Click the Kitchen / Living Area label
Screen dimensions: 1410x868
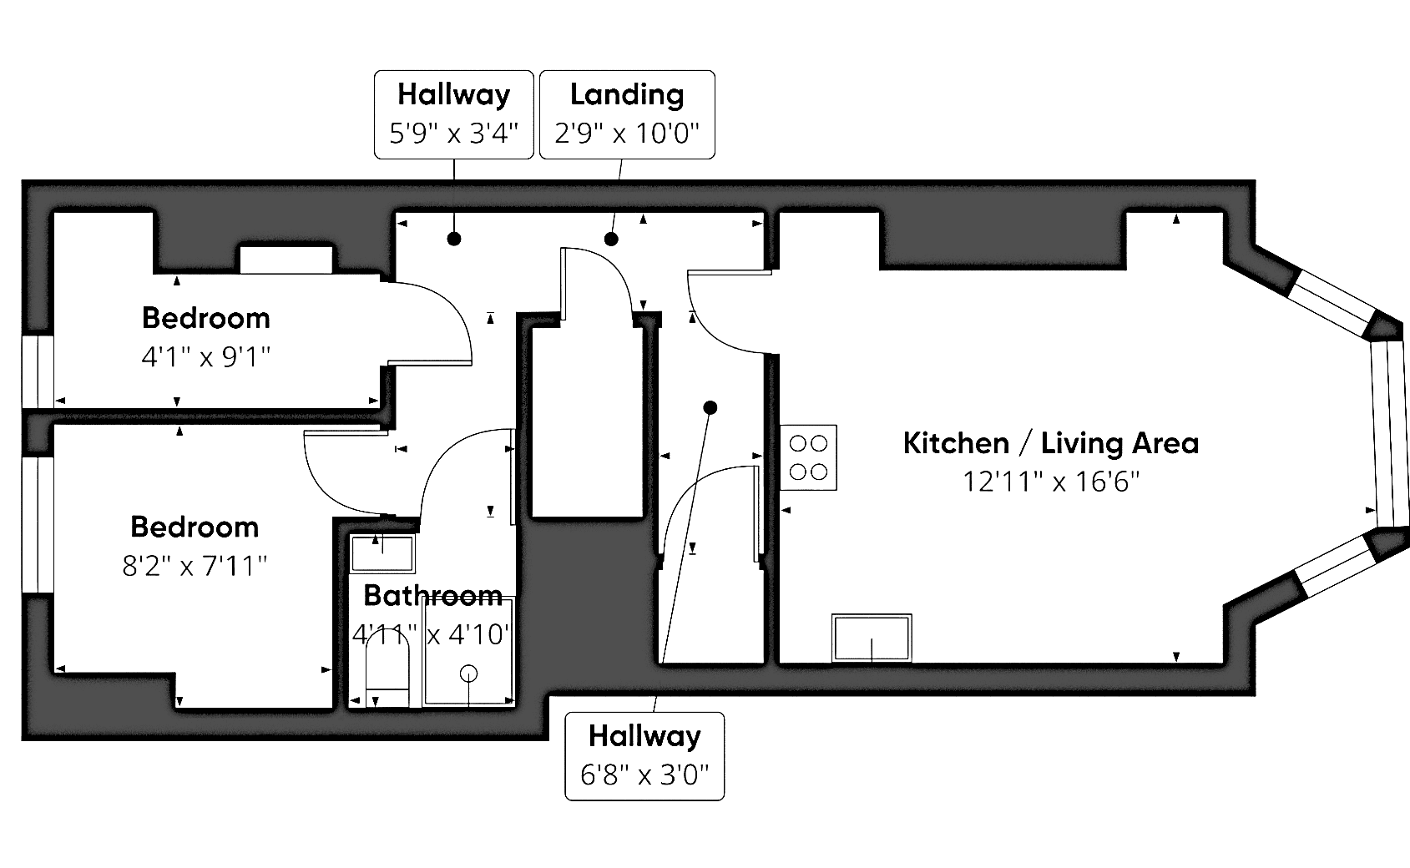click(1050, 443)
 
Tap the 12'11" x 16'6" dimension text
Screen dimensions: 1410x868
click(1051, 482)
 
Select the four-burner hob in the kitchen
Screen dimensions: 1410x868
click(808, 457)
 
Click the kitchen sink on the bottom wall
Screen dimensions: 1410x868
click(872, 638)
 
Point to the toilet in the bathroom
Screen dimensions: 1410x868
click(387, 667)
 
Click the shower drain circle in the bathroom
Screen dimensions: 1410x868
click(469, 674)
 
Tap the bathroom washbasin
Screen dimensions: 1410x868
click(382, 553)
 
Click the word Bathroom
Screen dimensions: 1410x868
click(433, 595)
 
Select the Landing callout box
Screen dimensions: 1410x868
click(627, 114)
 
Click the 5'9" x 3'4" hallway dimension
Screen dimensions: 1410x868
click(454, 133)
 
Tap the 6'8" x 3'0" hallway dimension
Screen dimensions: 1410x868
click(644, 775)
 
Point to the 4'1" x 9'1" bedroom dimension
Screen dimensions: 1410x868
click(206, 357)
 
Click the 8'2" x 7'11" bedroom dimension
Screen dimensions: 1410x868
click(195, 566)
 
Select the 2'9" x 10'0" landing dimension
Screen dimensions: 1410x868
click(627, 133)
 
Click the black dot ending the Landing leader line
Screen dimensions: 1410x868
click(611, 240)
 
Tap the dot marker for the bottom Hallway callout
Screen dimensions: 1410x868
click(710, 408)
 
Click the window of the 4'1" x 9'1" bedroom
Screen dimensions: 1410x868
click(38, 371)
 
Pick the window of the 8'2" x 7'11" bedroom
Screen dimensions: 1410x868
click(38, 524)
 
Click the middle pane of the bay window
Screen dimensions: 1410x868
click(1390, 434)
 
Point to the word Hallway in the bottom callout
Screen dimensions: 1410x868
click(644, 736)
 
